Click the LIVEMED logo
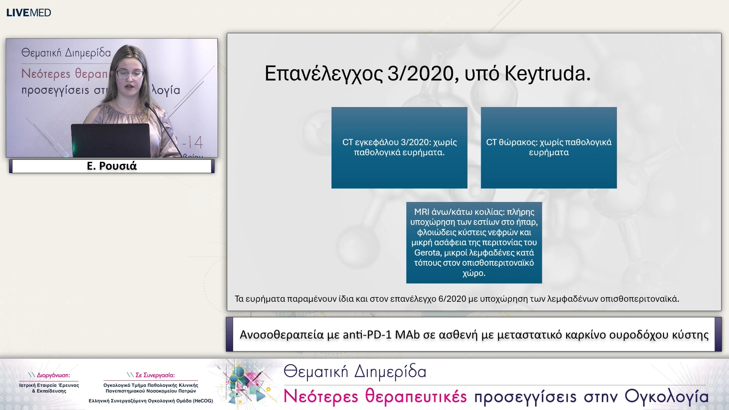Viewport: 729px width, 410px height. pos(28,13)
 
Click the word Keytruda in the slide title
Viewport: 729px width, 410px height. pos(547,74)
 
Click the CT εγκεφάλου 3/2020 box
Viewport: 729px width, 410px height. pos(399,148)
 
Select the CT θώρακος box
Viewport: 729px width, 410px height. pos(549,148)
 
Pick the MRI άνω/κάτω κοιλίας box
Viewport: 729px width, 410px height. pos(474,243)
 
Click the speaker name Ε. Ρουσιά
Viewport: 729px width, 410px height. pos(112,166)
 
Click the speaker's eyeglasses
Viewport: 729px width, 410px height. pos(130,74)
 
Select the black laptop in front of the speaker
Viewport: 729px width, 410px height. pos(110,140)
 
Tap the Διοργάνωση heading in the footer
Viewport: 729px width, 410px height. pos(53,375)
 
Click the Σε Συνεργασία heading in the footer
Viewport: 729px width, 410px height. pos(155,375)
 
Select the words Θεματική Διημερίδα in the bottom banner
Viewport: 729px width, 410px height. pos(355,371)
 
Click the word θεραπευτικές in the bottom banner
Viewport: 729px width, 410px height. pos(416,396)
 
